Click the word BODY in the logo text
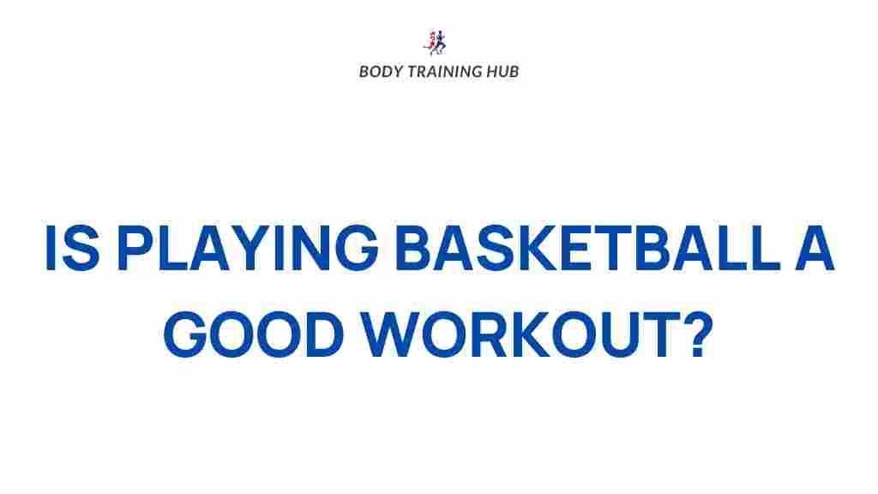coord(378,71)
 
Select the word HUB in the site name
coord(502,71)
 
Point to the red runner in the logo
coord(431,41)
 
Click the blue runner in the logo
coord(442,41)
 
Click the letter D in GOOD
coord(321,336)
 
